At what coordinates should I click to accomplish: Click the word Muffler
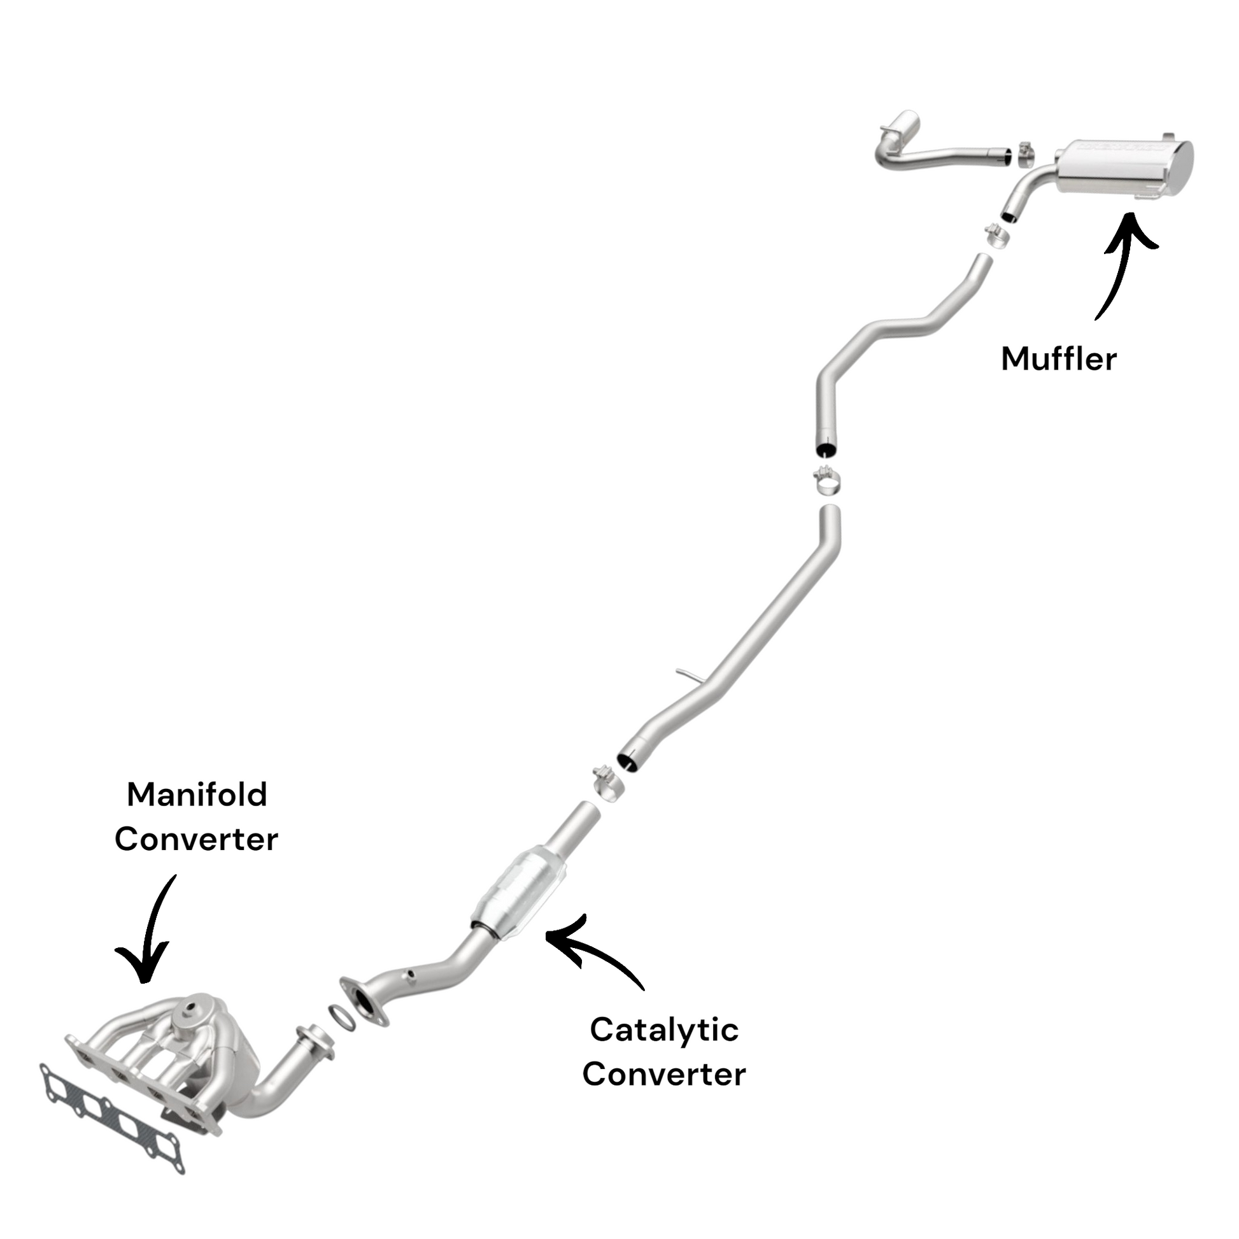1058,359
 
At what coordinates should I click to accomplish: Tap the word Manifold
197,795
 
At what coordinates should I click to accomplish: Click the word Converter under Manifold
196,839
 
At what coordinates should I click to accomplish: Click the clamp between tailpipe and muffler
1027,154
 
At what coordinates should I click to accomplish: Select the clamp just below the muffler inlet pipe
996,236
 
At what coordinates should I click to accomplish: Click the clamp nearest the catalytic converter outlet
606,781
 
